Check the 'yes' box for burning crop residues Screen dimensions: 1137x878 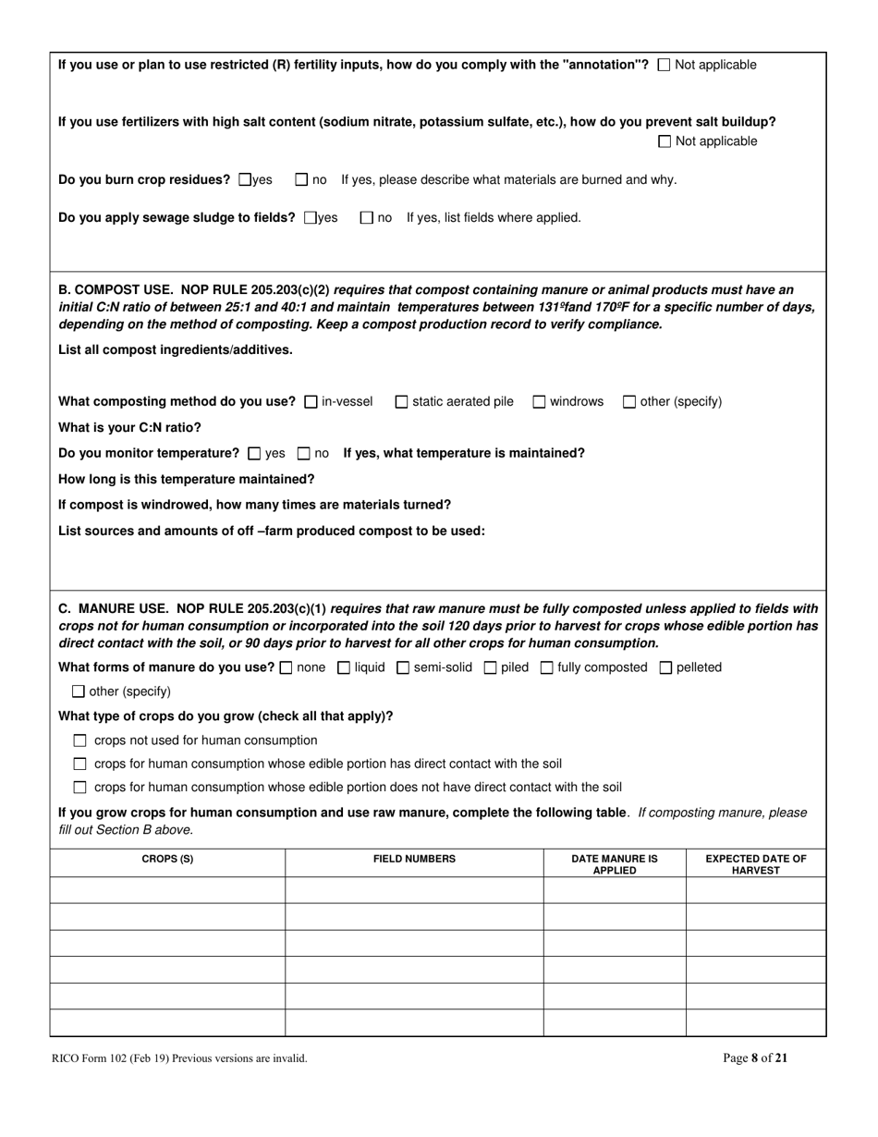[245, 179]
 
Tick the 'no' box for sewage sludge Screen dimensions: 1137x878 [366, 218]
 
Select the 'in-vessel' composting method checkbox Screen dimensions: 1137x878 [311, 402]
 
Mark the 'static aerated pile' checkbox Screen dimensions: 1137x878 [401, 402]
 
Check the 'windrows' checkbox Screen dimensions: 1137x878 [539, 402]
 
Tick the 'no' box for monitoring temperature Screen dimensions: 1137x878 [303, 454]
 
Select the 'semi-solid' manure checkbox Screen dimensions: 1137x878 [403, 667]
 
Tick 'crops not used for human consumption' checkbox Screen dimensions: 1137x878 [79, 740]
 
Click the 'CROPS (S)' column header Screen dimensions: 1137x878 [167, 860]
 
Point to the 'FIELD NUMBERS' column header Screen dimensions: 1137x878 [414, 860]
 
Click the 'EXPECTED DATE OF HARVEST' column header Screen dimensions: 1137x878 [756, 864]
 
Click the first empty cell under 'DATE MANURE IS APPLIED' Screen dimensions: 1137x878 [614, 890]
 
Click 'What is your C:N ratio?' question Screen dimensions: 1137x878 [129, 428]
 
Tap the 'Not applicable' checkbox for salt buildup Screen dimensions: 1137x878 [665, 141]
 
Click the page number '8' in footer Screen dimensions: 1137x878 [755, 1059]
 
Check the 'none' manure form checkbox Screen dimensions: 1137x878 [285, 667]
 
